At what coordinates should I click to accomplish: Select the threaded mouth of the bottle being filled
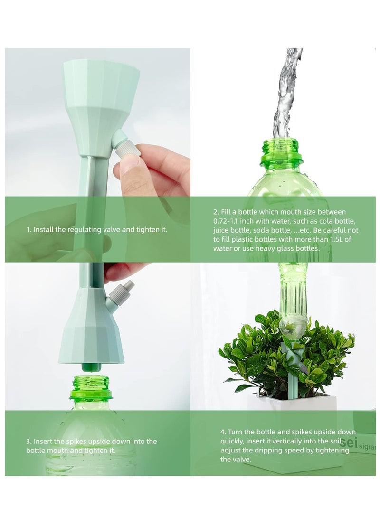pos(282,151)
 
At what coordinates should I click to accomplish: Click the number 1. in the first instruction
pos(28,230)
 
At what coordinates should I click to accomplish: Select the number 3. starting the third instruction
pos(28,442)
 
